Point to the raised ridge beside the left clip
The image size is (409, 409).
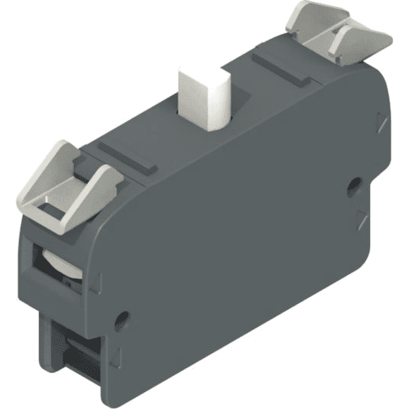tap(125, 157)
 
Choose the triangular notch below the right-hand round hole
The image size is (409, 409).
tap(361, 219)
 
